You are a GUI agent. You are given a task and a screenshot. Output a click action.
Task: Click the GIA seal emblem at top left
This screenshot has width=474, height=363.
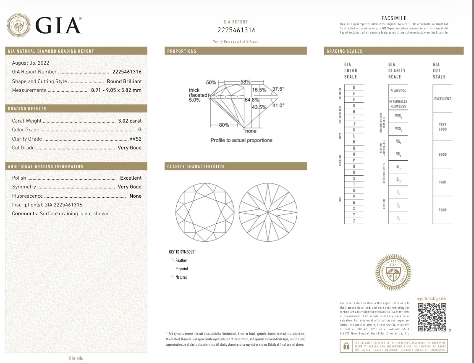(x=18, y=26)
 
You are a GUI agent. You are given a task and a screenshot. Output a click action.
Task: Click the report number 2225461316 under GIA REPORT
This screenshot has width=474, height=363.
(x=236, y=30)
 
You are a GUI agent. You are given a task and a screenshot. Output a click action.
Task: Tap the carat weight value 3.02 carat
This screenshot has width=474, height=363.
(x=130, y=121)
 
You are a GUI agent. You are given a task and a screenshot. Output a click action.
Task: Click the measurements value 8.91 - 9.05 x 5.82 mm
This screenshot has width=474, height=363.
(x=116, y=90)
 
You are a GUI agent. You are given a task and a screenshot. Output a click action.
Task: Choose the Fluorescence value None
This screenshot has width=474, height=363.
(x=136, y=196)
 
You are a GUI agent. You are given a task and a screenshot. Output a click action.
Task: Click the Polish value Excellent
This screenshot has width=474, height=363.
(x=131, y=178)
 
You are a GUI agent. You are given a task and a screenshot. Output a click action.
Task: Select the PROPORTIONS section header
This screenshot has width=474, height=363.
(x=182, y=51)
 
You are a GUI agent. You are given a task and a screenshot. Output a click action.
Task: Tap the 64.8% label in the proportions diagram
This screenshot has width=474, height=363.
(x=251, y=100)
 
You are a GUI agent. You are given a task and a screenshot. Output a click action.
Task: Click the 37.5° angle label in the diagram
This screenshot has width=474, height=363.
(x=278, y=89)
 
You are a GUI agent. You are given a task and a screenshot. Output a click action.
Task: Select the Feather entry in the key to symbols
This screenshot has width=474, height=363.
(x=181, y=261)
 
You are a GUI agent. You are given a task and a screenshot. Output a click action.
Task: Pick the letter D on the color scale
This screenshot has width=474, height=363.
(x=354, y=87)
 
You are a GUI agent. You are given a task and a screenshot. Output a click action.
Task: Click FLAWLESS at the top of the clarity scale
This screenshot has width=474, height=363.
(x=398, y=91)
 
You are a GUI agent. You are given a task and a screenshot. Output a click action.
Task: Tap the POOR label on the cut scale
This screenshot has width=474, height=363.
(x=443, y=210)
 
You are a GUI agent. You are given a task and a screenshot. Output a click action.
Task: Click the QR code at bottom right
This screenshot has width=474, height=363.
(x=432, y=317)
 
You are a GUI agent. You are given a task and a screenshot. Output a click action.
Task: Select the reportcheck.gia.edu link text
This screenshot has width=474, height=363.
(x=432, y=298)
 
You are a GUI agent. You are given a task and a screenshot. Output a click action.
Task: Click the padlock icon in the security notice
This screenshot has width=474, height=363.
(x=346, y=346)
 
